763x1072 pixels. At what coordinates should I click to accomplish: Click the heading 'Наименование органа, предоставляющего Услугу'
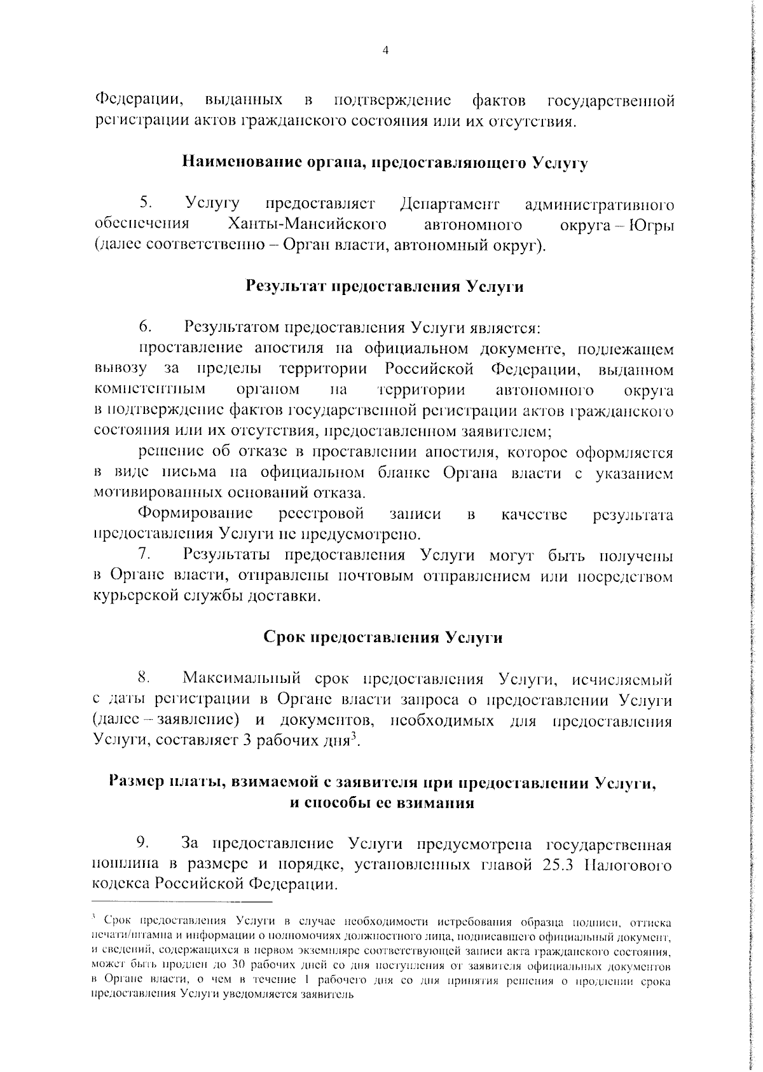tap(385, 163)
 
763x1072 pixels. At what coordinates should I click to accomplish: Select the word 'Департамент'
tap(450, 204)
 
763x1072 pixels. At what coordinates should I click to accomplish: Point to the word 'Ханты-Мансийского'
tap(307, 224)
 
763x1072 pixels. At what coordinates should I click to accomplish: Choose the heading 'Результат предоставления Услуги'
tap(385, 286)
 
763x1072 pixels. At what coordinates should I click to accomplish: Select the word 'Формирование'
tap(196, 514)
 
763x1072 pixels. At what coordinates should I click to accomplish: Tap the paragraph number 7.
tap(145, 554)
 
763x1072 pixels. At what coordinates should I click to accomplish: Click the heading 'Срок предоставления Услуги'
tap(383, 638)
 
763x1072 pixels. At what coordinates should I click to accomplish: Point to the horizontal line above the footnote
tap(182, 902)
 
